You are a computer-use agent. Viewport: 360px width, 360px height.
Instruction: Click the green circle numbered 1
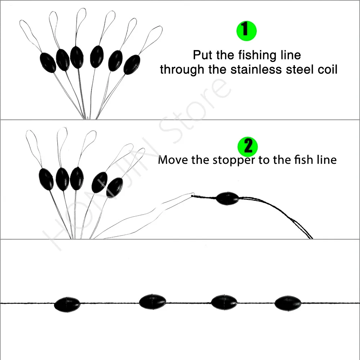(x=246, y=30)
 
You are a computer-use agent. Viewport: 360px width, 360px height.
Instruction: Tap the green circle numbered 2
(x=248, y=147)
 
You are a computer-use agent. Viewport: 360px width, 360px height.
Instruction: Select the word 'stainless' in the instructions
(x=257, y=69)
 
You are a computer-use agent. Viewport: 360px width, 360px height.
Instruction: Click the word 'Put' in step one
(x=203, y=55)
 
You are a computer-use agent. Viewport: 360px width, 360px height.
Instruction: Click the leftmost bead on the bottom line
(x=67, y=304)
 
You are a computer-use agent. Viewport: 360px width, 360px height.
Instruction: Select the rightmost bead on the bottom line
(x=288, y=303)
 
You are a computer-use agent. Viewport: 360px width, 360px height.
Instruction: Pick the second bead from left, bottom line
(x=152, y=301)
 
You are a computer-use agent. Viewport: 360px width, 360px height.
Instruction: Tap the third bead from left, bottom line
(x=224, y=302)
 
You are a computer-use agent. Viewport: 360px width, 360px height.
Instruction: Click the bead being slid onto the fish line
(x=227, y=198)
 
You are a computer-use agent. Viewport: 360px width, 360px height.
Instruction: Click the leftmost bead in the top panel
(x=48, y=63)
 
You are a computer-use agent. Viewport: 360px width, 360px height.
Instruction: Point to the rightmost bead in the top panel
(x=131, y=64)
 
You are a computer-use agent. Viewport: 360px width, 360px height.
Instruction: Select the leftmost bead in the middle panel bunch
(x=46, y=179)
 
